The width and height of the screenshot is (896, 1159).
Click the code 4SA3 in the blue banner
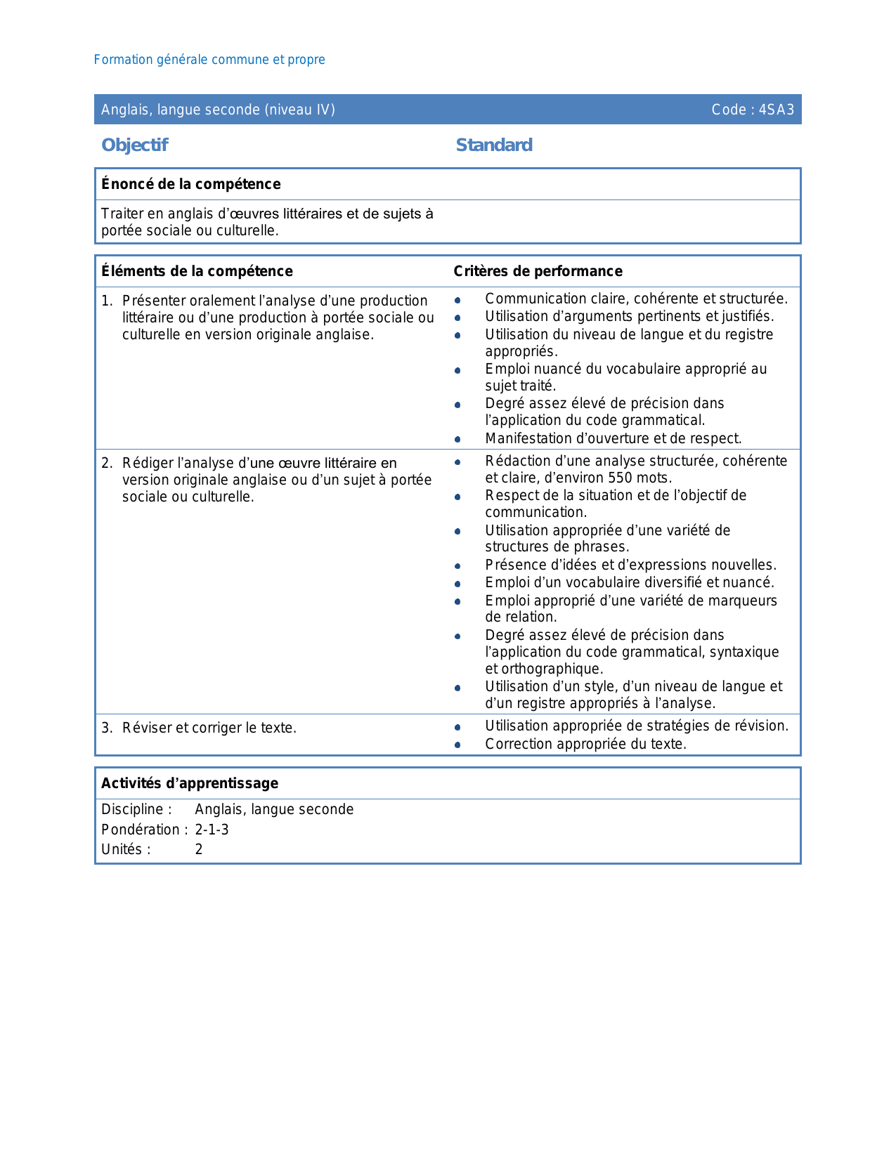point(777,110)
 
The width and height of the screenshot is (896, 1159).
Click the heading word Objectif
point(134,145)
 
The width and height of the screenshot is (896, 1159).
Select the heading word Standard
point(494,145)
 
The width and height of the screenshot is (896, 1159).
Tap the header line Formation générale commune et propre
point(209,60)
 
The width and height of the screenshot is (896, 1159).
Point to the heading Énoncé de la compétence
point(190,184)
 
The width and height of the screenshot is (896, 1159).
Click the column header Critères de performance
point(538,271)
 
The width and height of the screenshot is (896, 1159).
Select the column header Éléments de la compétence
point(197,271)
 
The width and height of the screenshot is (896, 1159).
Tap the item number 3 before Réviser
point(106,728)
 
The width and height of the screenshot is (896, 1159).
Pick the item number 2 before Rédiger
point(106,463)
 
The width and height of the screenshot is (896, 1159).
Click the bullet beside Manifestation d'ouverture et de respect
point(457,439)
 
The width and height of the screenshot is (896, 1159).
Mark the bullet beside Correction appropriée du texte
point(457,745)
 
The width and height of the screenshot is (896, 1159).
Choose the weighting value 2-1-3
point(212,830)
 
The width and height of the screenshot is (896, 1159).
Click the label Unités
point(125,849)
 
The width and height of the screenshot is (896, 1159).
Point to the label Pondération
point(143,830)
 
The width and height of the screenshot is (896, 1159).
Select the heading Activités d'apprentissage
point(190,783)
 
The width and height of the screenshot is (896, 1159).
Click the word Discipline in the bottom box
point(133,809)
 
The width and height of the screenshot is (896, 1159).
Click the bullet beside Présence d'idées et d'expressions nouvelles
point(457,566)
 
